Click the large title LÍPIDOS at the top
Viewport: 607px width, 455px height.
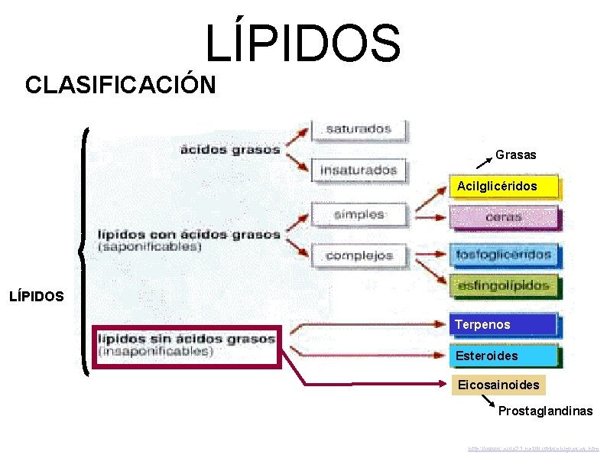303,43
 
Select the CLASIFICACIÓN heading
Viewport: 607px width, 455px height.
120,84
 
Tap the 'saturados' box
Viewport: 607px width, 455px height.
359,129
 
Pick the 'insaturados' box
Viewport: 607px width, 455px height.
359,169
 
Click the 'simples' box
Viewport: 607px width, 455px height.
359,214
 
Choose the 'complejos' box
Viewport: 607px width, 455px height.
359,255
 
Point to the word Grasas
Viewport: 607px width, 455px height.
515,155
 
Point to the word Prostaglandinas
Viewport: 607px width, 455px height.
545,411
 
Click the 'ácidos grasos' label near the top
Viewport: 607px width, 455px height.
230,149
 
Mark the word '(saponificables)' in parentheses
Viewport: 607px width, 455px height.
150,247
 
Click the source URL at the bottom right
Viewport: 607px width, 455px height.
534,447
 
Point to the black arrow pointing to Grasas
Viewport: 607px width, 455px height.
481,161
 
